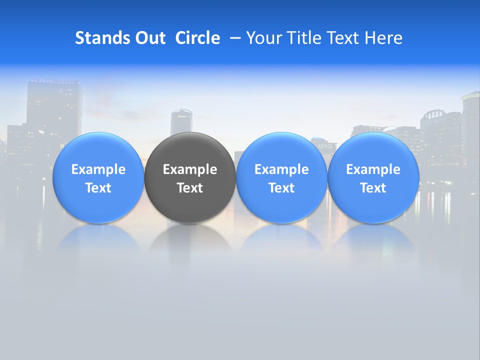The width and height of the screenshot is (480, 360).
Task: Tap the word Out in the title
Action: [x=149, y=38]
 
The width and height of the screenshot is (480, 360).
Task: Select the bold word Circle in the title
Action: [x=197, y=38]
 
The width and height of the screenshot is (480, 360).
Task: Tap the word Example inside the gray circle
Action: [x=190, y=169]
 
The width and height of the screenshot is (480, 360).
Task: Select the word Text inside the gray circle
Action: [x=190, y=188]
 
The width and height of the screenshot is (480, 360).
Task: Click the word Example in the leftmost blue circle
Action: [x=98, y=169]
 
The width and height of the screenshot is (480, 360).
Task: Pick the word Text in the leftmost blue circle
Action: [x=98, y=188]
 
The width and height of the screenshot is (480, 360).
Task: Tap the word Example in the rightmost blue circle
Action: [x=373, y=169]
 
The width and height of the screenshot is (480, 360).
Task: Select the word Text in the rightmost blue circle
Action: [x=373, y=188]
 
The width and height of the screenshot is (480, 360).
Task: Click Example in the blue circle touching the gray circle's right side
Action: [x=281, y=169]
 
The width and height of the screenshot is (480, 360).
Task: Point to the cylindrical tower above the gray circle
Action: [x=181, y=121]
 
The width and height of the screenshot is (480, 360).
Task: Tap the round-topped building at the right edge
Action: [x=471, y=125]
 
